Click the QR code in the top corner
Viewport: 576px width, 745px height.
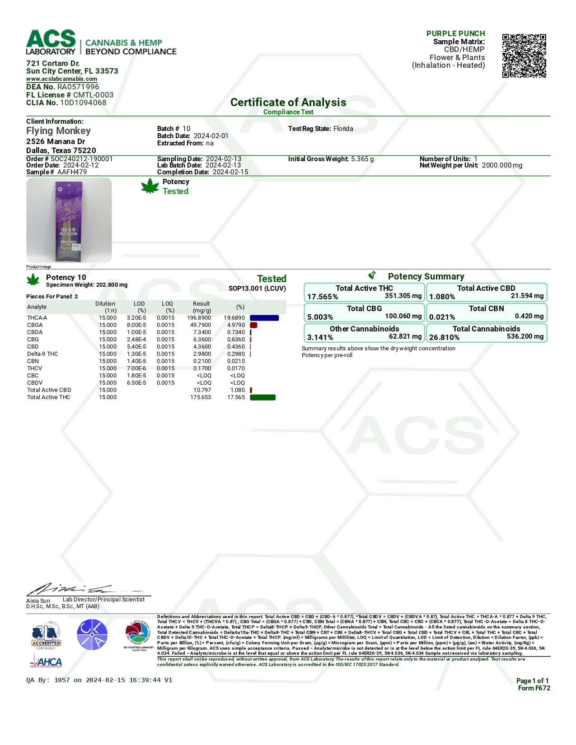(x=524, y=56)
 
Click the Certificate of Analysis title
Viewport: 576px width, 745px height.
(x=288, y=102)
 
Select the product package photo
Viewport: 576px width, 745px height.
(x=69, y=220)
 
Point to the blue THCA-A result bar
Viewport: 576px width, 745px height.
(x=264, y=318)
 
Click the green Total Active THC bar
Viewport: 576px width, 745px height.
(x=262, y=397)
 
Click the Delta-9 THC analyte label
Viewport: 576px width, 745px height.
(x=42, y=354)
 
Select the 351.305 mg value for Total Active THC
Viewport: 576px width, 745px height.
(x=403, y=296)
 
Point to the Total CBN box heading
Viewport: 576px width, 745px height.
(x=486, y=308)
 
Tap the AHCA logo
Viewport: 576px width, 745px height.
(x=46, y=661)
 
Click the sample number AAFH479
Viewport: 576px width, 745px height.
(x=72, y=172)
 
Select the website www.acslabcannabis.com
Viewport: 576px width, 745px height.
(x=61, y=79)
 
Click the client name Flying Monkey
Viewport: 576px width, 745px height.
(x=58, y=131)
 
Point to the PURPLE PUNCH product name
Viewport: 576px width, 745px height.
(x=455, y=33)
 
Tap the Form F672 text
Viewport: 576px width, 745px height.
(x=534, y=688)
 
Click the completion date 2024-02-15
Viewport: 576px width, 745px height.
(x=230, y=172)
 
